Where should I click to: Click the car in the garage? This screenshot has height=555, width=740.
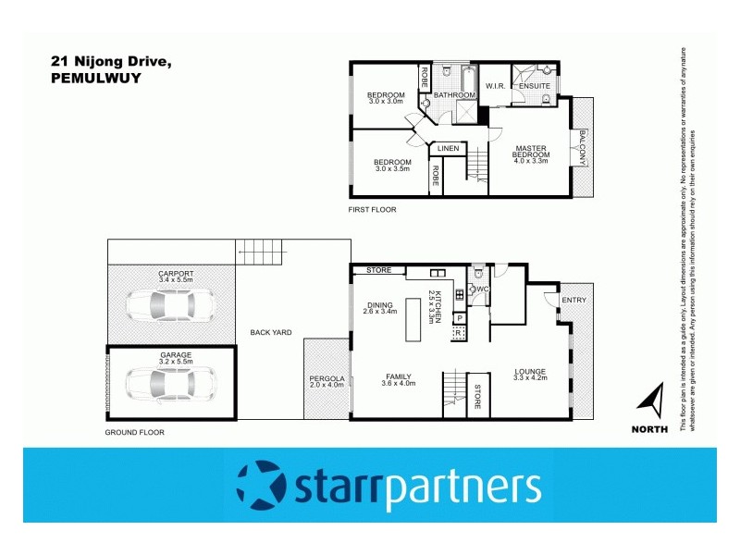pyautogui.click(x=172, y=381)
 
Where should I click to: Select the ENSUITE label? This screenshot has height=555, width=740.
pyautogui.click(x=534, y=86)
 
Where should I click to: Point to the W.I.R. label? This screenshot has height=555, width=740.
pyautogui.click(x=494, y=86)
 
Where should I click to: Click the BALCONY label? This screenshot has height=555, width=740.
pyautogui.click(x=583, y=147)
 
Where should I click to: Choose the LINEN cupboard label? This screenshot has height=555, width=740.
pyautogui.click(x=448, y=148)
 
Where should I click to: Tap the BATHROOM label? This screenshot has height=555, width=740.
pyautogui.click(x=454, y=95)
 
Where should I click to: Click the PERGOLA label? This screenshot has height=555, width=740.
pyautogui.click(x=327, y=378)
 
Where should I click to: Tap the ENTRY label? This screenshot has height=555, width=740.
pyautogui.click(x=573, y=299)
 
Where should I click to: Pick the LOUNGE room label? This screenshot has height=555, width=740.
pyautogui.click(x=531, y=372)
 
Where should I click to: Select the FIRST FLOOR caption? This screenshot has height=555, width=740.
pyautogui.click(x=372, y=210)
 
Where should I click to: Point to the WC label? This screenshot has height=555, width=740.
pyautogui.click(x=482, y=289)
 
